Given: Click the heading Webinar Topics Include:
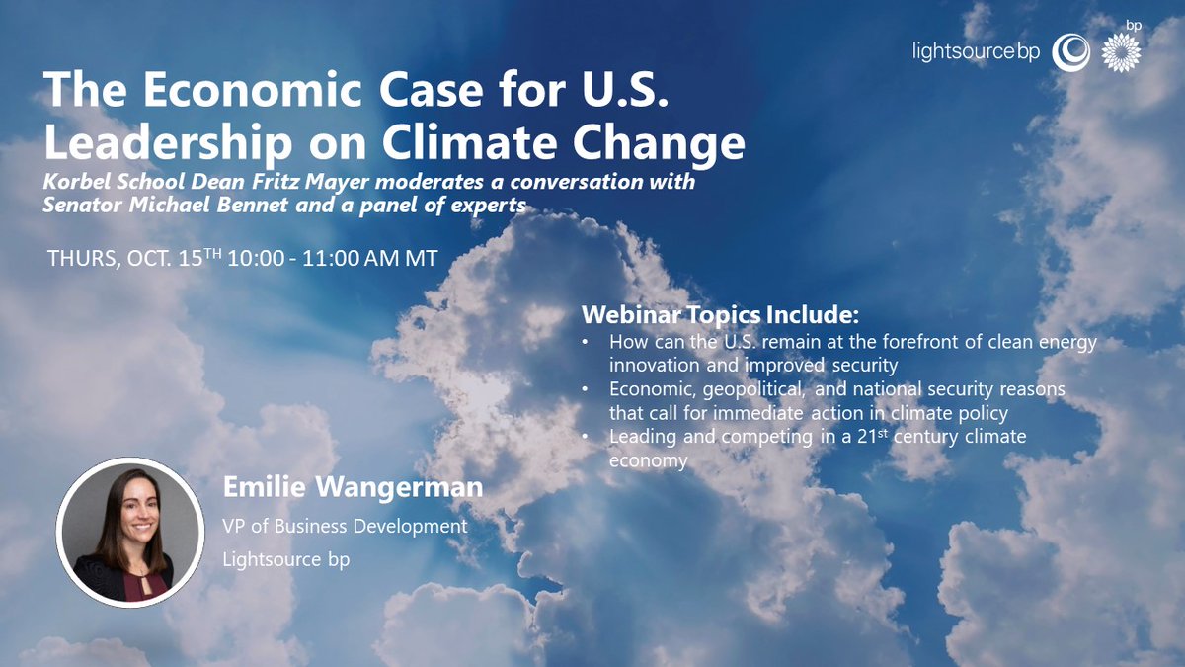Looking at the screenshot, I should [720, 316].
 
